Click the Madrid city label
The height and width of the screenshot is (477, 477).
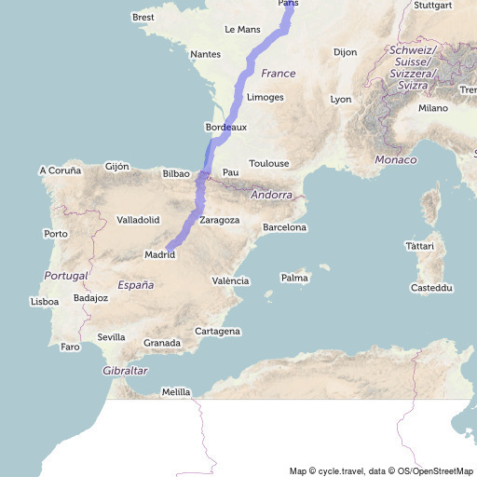160,254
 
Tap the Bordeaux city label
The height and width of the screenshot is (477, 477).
225,127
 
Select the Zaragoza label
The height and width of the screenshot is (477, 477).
220,220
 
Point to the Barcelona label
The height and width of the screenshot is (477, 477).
285,227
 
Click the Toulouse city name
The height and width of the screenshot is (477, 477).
269,163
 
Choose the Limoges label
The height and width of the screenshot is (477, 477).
266,97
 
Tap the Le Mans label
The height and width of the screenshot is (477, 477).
242,30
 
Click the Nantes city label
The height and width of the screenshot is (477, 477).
205,54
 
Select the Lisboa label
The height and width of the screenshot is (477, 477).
45,301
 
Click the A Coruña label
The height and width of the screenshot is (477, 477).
61,170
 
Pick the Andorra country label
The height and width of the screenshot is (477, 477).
271,196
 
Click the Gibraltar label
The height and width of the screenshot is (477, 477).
124,371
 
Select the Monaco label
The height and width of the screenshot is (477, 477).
396,160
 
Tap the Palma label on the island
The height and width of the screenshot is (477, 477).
294,278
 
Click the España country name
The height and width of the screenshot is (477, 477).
135,285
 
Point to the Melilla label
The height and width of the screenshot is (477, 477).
176,392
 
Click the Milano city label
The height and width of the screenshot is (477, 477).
433,108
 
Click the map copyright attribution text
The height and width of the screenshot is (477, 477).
381,470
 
